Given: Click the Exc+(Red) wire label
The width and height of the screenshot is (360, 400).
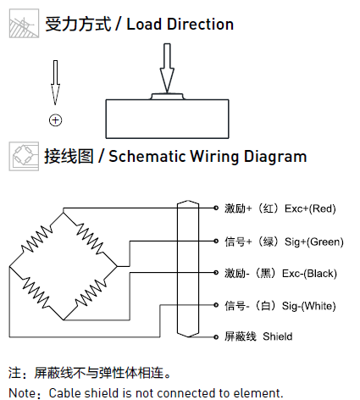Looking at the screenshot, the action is coord(310,208).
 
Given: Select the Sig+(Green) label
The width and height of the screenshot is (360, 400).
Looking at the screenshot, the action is coord(314,242).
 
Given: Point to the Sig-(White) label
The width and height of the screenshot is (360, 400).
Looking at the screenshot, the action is coord(309,306).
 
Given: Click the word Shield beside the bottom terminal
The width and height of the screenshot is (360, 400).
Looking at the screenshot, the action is coord(278,336).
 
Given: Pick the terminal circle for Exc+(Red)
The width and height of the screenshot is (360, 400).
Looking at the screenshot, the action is coord(216,208).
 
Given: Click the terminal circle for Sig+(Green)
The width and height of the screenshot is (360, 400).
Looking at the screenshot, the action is coord(216,242).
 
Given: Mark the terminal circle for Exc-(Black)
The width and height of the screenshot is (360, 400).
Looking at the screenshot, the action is coord(216,273).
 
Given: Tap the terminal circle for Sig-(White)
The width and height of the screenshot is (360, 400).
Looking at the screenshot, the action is coord(216,305).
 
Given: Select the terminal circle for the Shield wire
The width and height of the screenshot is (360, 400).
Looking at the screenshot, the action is coord(216,337).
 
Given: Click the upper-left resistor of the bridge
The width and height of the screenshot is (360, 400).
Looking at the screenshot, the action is coord(37,239).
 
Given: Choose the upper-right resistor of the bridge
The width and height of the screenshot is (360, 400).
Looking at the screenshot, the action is coord(90,239).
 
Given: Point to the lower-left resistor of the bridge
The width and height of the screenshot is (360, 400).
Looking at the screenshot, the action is coord(36,292).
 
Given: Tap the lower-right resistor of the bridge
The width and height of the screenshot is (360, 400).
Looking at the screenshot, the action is coord(91,293).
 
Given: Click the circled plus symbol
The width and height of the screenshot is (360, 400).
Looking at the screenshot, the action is coord(55,120).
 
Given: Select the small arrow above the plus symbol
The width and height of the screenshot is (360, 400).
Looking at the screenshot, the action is coord(55,82).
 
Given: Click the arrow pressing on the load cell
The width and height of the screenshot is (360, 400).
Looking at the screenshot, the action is coord(167,68).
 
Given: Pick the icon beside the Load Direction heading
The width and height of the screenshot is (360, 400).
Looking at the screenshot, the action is coord(24,23).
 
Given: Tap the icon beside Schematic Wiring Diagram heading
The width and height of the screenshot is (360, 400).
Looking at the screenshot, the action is coord(24,156).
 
